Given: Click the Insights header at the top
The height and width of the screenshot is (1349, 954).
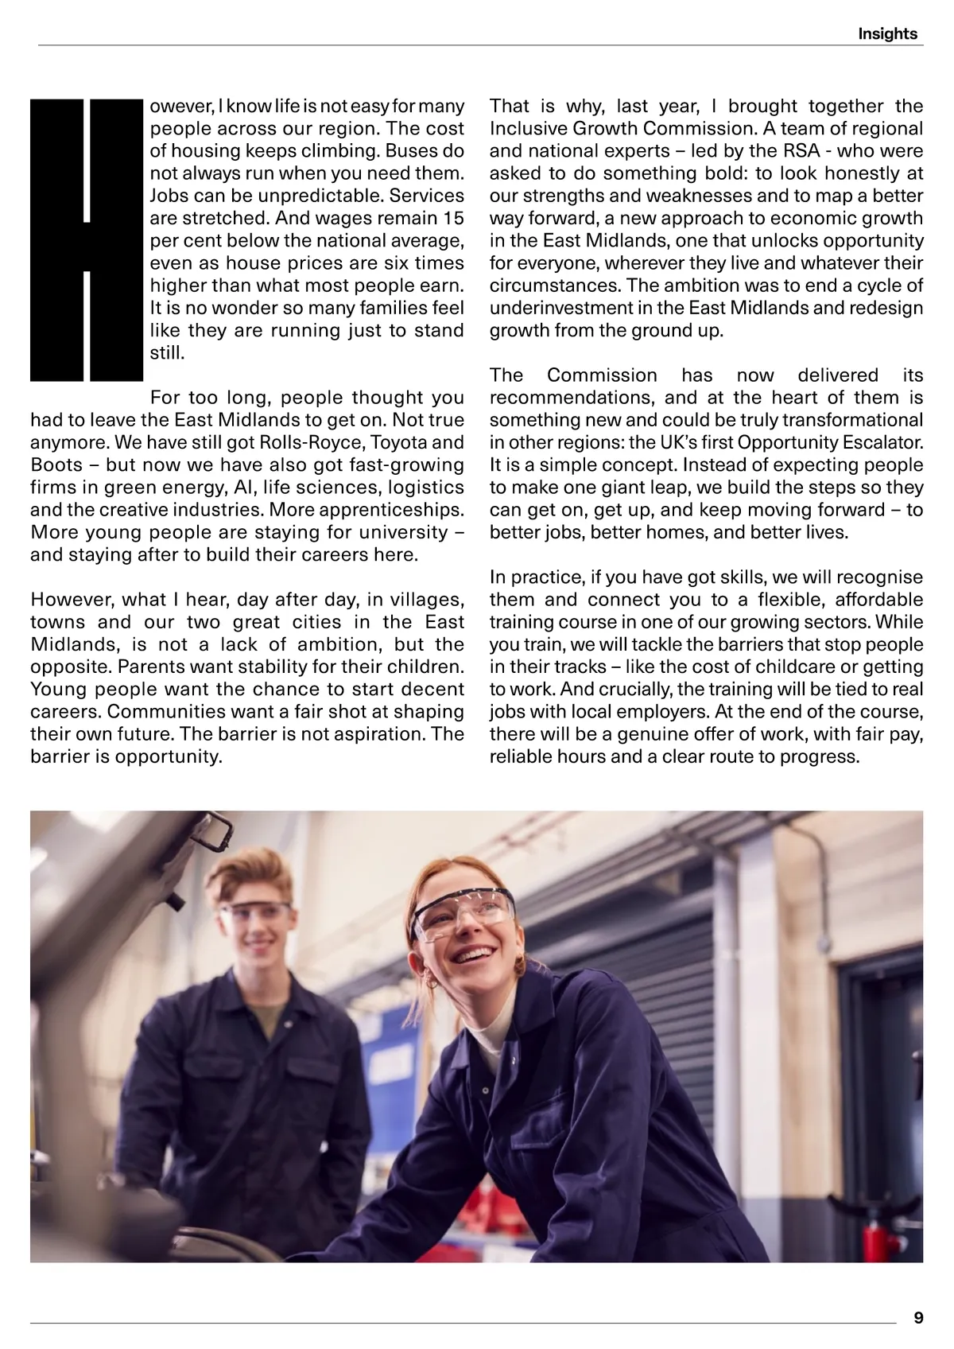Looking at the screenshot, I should (887, 33).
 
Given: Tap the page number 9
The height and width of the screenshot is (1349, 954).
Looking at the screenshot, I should (918, 1317).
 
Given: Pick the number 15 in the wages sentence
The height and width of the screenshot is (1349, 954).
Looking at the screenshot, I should (453, 218).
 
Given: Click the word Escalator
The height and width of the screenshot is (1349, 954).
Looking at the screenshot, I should (882, 442).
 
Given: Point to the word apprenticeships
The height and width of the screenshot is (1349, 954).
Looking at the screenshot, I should (388, 510).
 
